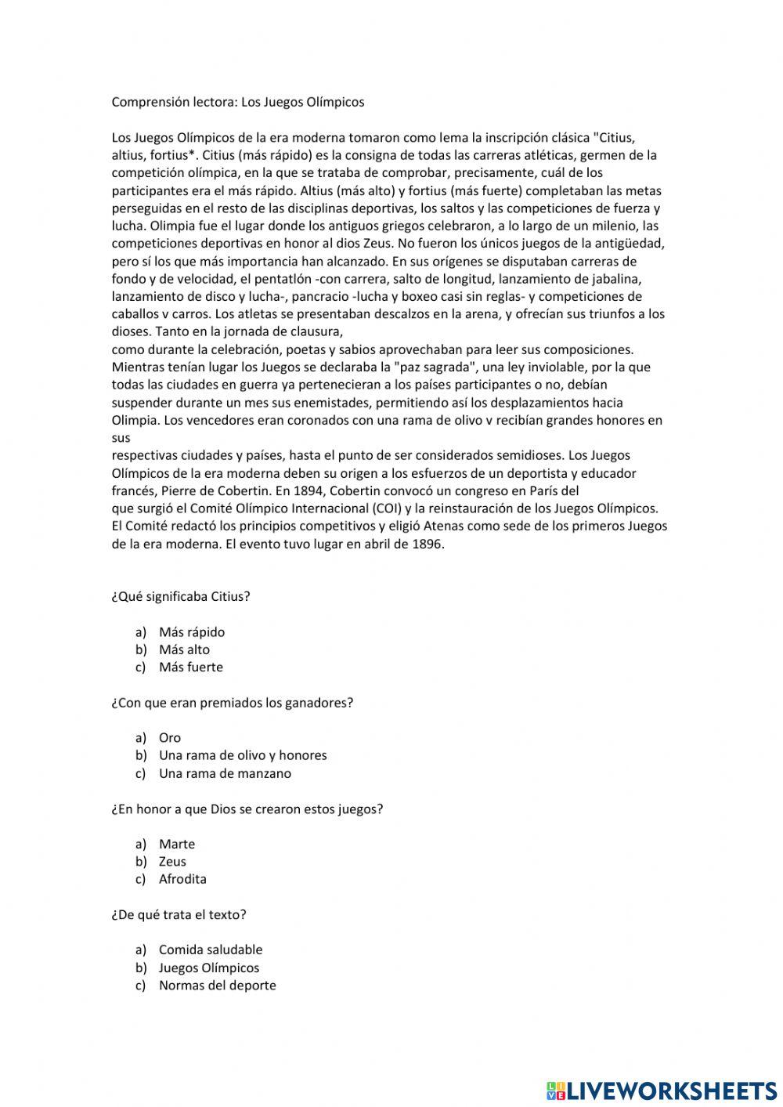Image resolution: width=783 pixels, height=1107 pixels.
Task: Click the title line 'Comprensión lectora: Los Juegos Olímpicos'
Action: pyautogui.click(x=237, y=102)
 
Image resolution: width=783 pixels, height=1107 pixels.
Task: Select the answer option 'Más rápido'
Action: pyautogui.click(x=191, y=631)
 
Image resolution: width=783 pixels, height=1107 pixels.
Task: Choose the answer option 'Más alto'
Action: pyautogui.click(x=184, y=649)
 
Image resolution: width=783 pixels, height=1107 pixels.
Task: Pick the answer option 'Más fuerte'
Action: pyautogui.click(x=190, y=667)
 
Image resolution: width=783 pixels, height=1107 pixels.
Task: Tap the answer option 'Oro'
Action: pyautogui.click(x=169, y=738)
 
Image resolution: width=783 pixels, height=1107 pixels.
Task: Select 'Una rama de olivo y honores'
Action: pyautogui.click(x=243, y=755)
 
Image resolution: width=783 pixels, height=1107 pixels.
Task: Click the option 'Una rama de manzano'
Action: pyautogui.click(x=225, y=773)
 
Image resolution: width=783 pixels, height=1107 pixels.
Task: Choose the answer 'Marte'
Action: pyautogui.click(x=176, y=844)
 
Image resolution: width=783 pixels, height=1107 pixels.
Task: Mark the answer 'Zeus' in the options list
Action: pyautogui.click(x=172, y=862)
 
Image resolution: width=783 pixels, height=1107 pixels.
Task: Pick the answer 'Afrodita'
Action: pyautogui.click(x=182, y=879)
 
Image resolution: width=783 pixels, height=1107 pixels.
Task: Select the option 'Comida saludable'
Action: pyautogui.click(x=211, y=950)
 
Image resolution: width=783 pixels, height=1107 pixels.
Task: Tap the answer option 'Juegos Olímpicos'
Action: pyautogui.click(x=208, y=968)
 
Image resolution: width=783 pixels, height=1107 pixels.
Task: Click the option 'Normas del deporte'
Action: pyautogui.click(x=217, y=986)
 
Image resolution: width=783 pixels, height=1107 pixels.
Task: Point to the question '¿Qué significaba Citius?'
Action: pyautogui.click(x=181, y=596)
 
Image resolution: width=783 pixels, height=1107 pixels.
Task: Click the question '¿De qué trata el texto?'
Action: pyautogui.click(x=179, y=914)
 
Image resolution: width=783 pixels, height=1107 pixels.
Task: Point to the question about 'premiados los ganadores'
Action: pyautogui.click(x=233, y=703)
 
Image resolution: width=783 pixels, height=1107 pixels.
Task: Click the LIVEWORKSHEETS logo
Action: pyautogui.click(x=662, y=1091)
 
